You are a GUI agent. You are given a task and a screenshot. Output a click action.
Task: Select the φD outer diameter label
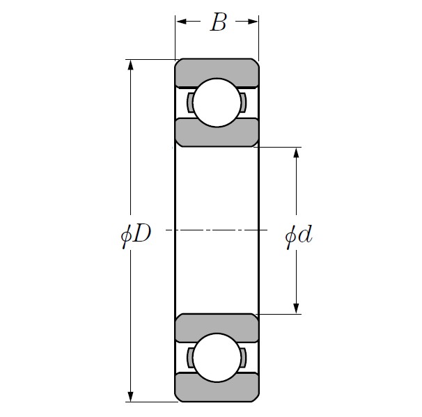[136, 235]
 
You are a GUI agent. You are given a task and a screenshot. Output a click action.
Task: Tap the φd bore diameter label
[299, 235]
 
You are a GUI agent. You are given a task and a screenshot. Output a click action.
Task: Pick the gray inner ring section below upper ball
[217, 133]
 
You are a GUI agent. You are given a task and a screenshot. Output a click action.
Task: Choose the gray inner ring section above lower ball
[217, 327]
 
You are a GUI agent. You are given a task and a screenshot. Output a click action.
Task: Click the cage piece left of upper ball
[190, 102]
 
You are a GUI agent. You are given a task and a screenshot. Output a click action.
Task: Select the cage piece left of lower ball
[190, 358]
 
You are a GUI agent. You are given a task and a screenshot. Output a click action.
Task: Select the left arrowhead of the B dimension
[180, 22]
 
